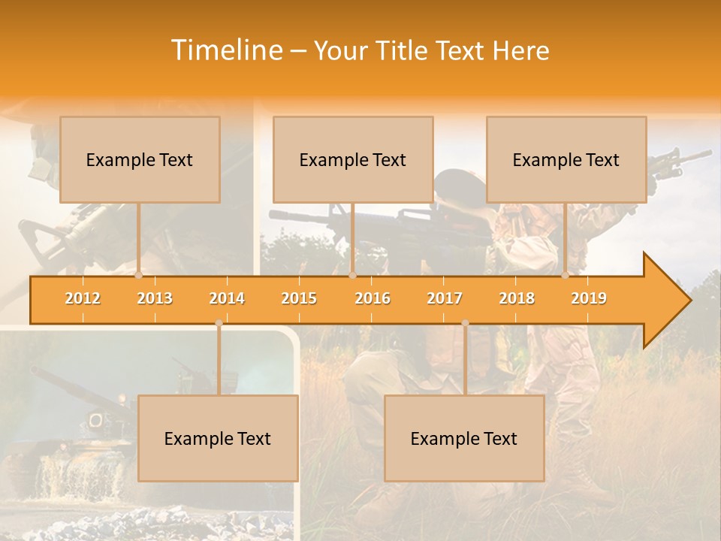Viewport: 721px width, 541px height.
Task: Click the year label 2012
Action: pyautogui.click(x=83, y=298)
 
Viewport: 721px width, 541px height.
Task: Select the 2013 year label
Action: pyautogui.click(x=155, y=298)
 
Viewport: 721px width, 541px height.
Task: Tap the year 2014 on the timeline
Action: pyautogui.click(x=227, y=298)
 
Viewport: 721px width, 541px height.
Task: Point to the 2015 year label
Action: pyautogui.click(x=299, y=298)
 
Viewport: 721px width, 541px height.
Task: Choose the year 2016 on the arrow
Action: pyautogui.click(x=373, y=298)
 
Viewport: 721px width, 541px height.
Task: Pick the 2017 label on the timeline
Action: pyautogui.click(x=445, y=298)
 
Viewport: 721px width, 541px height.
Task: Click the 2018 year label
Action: pyautogui.click(x=517, y=298)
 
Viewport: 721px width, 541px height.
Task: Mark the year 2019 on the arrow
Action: pyautogui.click(x=589, y=298)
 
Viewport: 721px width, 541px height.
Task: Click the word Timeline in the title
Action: pyautogui.click(x=225, y=50)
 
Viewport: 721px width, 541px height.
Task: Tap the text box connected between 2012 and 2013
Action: pyautogui.click(x=140, y=159)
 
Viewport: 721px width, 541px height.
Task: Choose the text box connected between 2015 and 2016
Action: pyautogui.click(x=353, y=159)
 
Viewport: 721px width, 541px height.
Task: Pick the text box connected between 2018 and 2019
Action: pyautogui.click(x=566, y=159)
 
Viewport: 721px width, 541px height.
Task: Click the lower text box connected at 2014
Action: pyautogui.click(x=218, y=438)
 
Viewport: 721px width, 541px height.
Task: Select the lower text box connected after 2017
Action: pyautogui.click(x=464, y=438)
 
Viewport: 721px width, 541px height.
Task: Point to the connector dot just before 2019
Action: pyautogui.click(x=566, y=275)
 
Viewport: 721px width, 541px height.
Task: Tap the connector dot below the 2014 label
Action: pyautogui.click(x=219, y=323)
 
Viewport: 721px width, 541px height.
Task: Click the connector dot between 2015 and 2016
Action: pyautogui.click(x=352, y=275)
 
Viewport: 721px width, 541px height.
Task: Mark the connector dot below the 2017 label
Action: pyautogui.click(x=465, y=323)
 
